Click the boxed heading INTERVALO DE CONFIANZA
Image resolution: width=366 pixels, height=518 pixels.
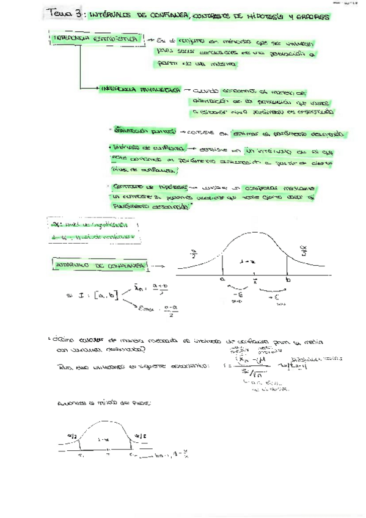(x=98, y=266)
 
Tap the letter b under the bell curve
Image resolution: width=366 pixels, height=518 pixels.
(x=288, y=279)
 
